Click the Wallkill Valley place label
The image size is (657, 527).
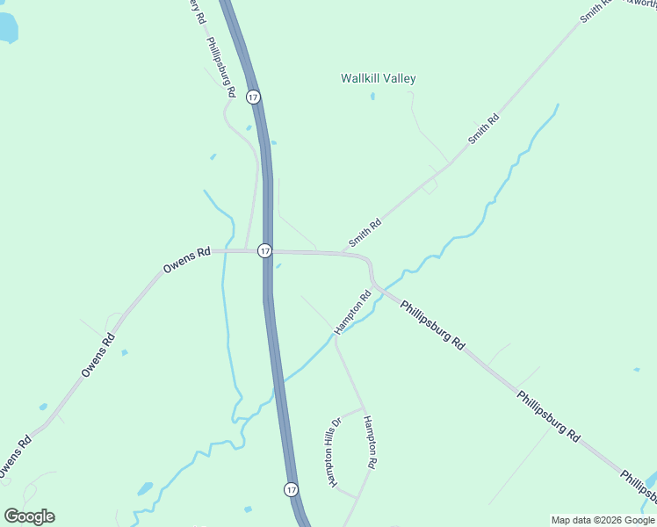[378, 78]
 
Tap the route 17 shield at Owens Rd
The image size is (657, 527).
[264, 251]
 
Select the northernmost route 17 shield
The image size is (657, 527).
[253, 97]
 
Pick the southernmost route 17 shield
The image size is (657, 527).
[291, 488]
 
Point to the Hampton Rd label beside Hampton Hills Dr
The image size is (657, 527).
[371, 442]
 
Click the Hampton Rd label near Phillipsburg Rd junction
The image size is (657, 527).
[353, 312]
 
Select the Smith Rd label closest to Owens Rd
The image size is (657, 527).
[365, 233]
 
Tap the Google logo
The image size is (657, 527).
[29, 516]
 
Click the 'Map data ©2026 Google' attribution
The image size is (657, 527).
[603, 520]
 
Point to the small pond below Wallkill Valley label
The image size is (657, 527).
[372, 96]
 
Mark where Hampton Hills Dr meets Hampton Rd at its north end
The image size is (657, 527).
[363, 408]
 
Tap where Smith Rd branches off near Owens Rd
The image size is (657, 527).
[343, 252]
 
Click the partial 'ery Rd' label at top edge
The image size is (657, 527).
[197, 11]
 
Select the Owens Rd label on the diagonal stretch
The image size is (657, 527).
[97, 355]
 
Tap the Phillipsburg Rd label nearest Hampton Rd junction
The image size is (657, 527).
[432, 326]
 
